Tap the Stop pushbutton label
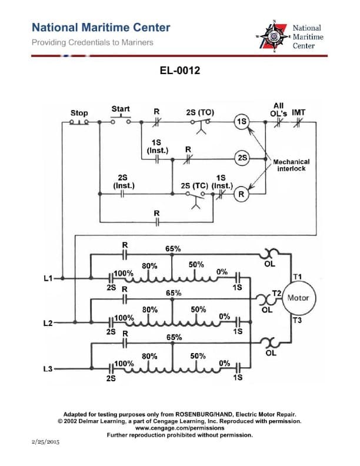79,112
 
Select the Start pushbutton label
121,109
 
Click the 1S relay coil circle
242,122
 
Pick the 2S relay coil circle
242,158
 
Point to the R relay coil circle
242,192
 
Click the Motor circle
298,298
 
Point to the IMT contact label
298,112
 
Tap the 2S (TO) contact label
200,112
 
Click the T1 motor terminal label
296,277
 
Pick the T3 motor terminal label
296,320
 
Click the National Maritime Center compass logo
273,36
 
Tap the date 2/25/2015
45,441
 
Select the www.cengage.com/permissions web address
179,428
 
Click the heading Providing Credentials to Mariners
92,42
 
